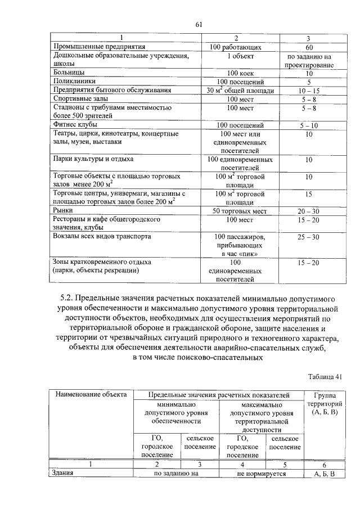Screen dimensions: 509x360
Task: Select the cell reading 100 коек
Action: [240, 73]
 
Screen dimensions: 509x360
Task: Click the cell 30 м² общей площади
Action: [240, 90]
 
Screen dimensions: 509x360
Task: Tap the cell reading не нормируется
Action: [262, 474]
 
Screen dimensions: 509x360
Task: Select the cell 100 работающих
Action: [240, 47]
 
